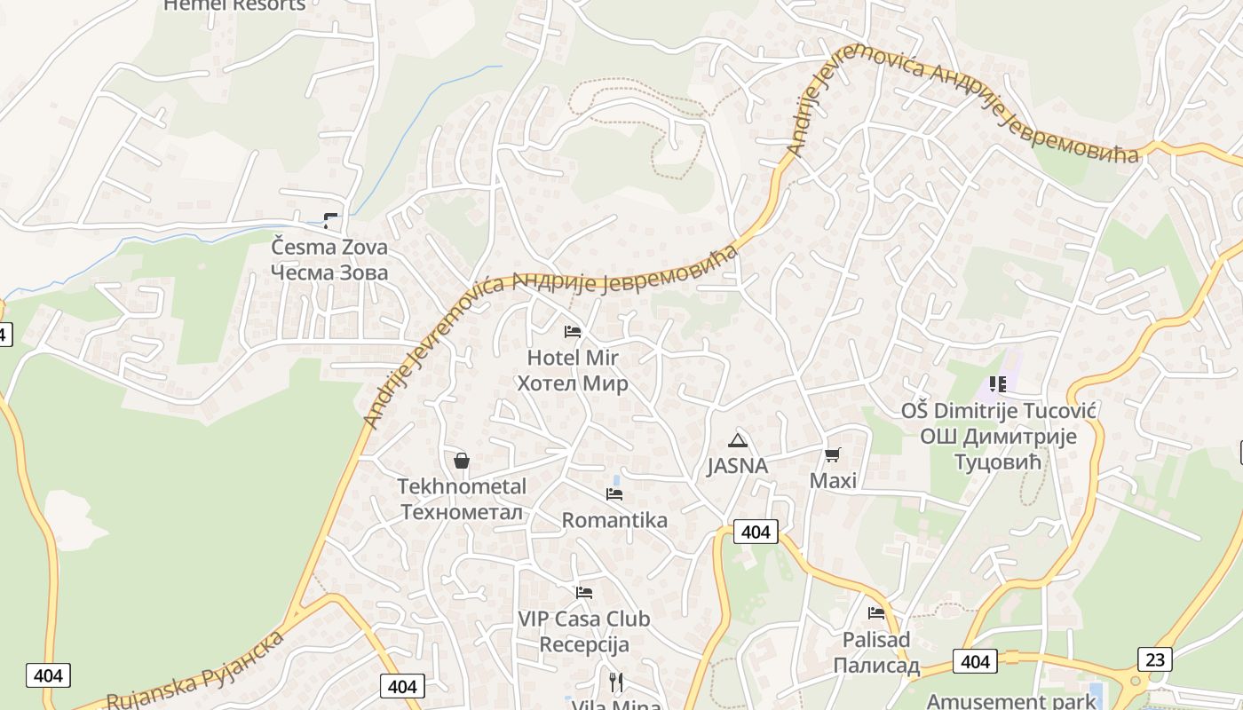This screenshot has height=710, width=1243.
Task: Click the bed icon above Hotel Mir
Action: click(x=573, y=332)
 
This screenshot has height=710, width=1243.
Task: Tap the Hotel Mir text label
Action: click(x=573, y=370)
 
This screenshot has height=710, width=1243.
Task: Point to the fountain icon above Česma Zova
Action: click(x=331, y=221)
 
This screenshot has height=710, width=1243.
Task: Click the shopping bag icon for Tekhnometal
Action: click(x=462, y=460)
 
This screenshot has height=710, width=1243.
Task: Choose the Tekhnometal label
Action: click(x=462, y=499)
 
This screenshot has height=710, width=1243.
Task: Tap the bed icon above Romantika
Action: click(x=614, y=493)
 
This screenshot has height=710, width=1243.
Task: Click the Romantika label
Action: click(x=614, y=520)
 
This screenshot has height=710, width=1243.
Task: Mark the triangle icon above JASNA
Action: click(x=738, y=440)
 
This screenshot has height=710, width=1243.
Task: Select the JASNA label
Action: click(x=738, y=466)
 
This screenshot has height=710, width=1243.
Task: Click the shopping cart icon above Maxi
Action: click(x=832, y=454)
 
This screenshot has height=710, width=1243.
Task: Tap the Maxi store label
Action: click(x=834, y=480)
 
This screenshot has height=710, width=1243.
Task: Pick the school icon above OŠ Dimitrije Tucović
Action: click(x=998, y=384)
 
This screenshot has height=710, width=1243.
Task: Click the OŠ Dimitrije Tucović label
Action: click(x=999, y=436)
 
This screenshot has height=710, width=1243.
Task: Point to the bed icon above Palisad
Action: click(x=876, y=612)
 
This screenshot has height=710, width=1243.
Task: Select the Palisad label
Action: click(x=876, y=652)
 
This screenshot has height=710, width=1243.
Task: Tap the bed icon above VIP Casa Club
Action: click(x=584, y=592)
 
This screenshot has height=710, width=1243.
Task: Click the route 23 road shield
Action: click(x=1154, y=659)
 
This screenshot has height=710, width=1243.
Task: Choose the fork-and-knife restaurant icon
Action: click(x=616, y=682)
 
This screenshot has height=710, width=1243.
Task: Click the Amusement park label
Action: click(x=1011, y=701)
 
